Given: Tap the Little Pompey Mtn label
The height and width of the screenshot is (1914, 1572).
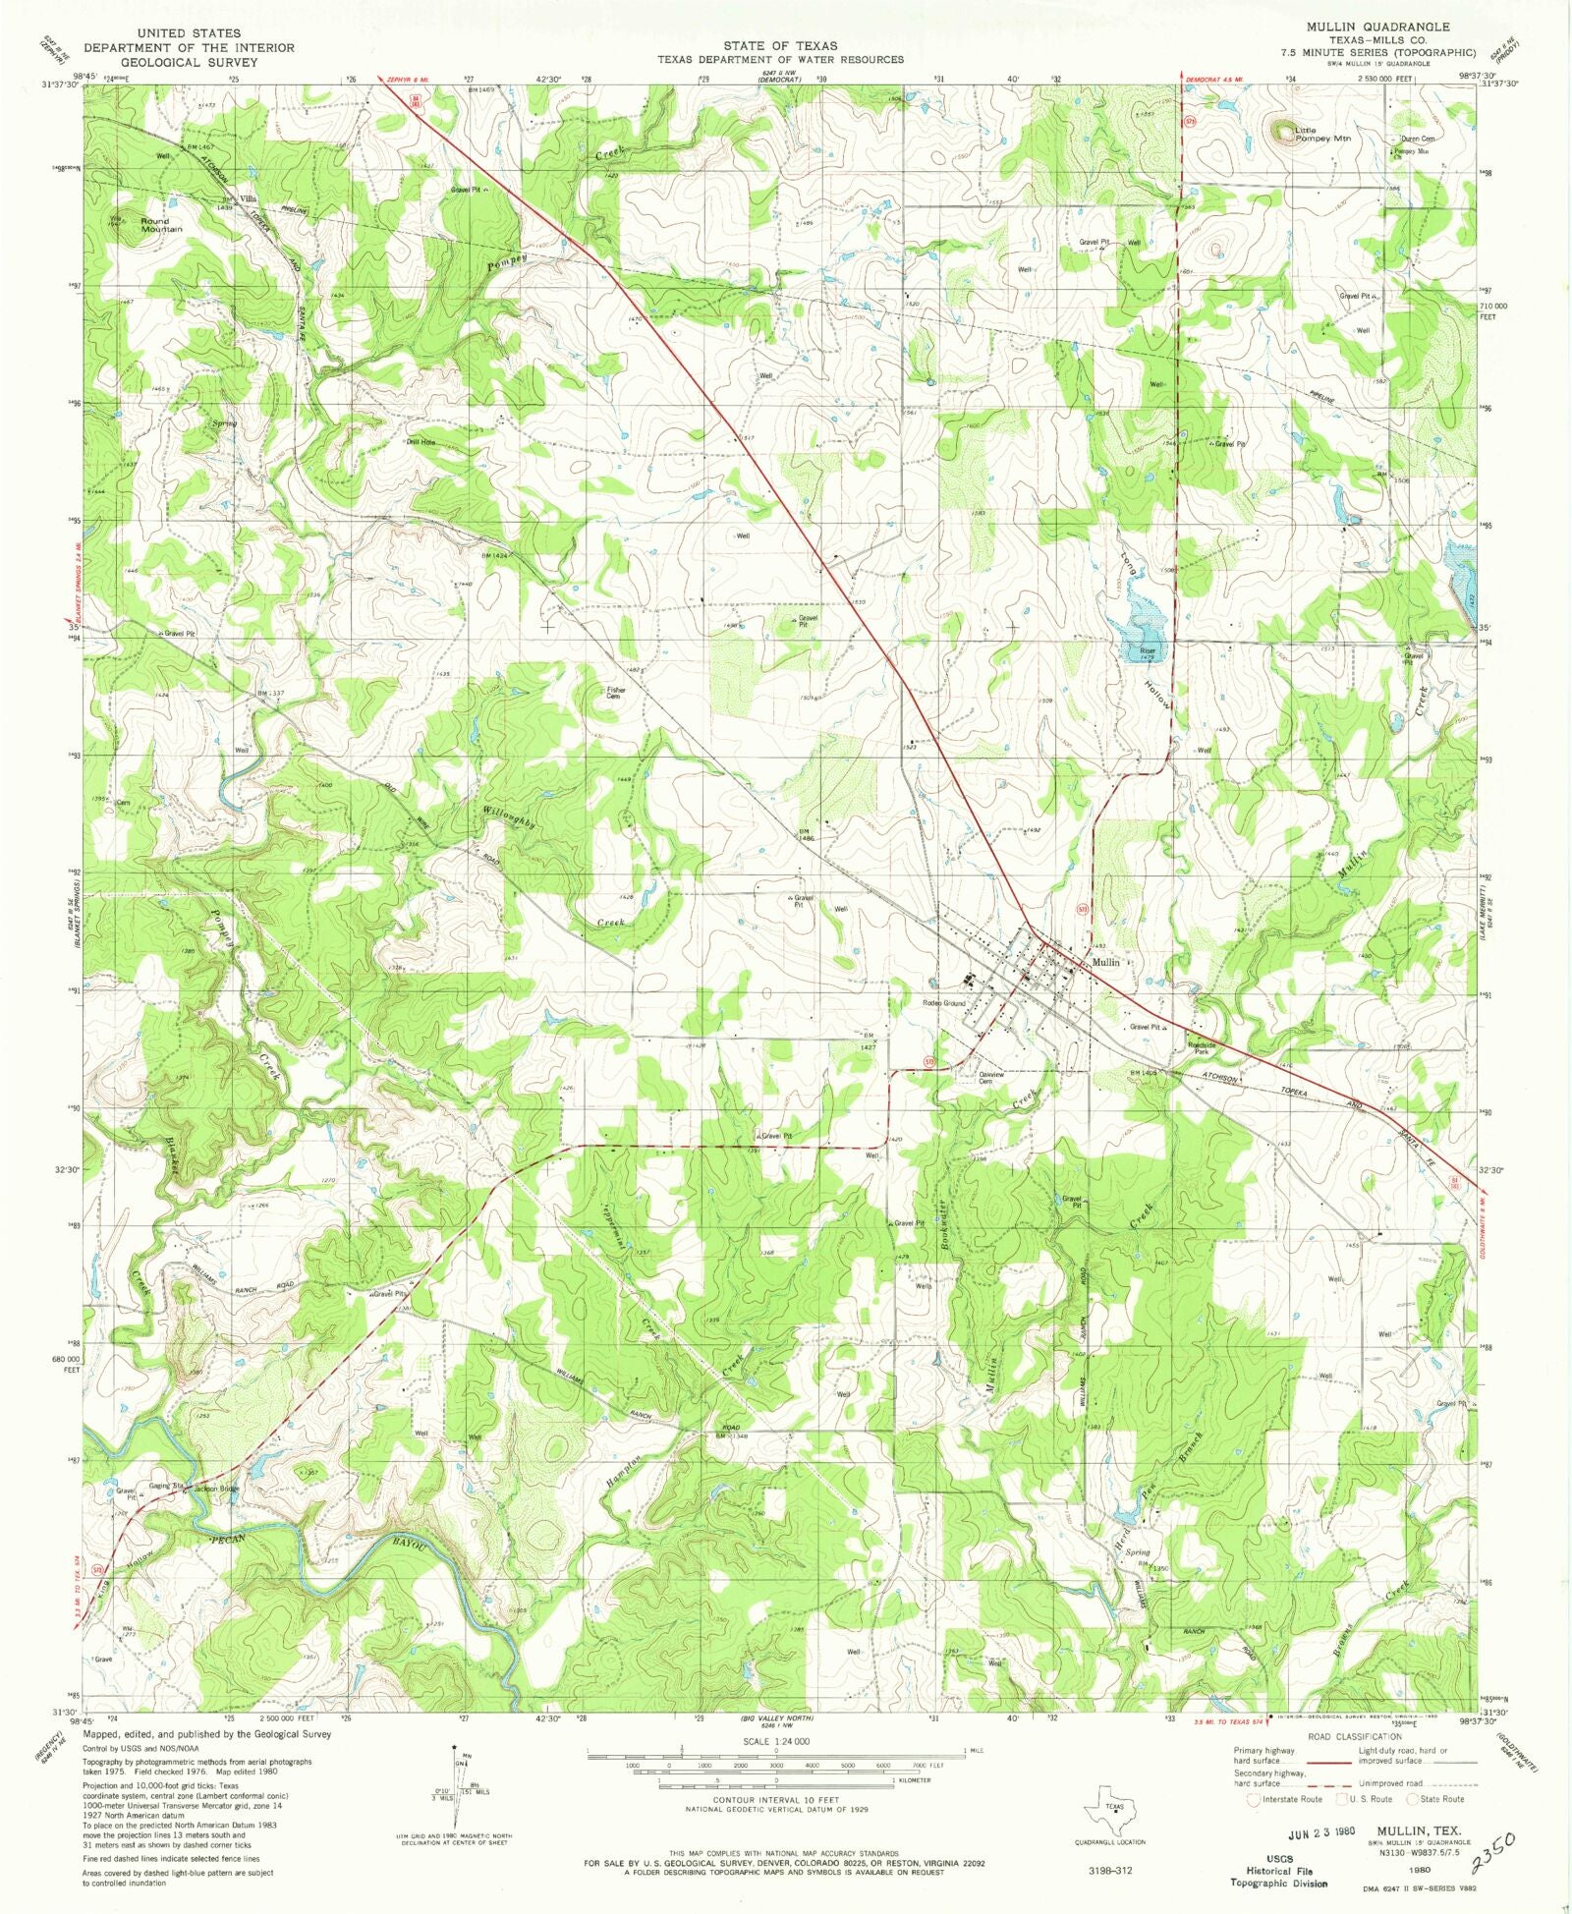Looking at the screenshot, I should (x=1321, y=135).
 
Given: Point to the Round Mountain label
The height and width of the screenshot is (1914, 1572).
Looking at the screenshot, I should (x=160, y=225).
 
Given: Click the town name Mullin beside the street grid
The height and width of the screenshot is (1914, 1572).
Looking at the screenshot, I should (x=1105, y=962).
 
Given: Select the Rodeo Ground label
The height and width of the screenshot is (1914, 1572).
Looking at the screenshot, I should (x=942, y=1003).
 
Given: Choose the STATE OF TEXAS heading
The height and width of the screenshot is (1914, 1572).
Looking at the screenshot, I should (x=780, y=45).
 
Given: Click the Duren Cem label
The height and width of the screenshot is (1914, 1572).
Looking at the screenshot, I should (x=1417, y=140).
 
